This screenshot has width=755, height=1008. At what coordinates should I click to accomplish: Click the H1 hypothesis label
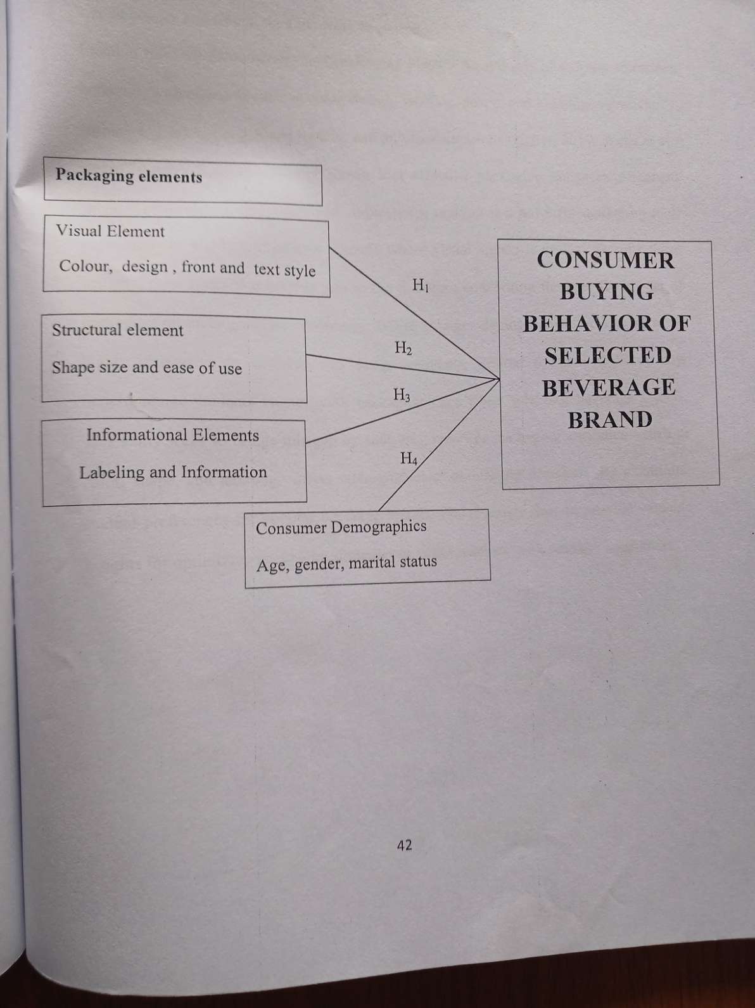(x=421, y=285)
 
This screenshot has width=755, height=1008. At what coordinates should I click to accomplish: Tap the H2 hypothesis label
(x=403, y=347)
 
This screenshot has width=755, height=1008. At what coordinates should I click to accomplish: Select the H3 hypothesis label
(x=402, y=396)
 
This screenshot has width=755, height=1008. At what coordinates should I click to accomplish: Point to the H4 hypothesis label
(x=409, y=458)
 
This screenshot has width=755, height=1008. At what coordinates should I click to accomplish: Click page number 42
(x=404, y=844)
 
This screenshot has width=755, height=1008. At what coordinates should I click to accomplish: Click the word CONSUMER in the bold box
(x=606, y=260)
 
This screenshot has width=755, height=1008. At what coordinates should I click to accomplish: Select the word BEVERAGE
(x=608, y=387)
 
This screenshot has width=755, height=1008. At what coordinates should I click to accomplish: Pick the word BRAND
(x=609, y=420)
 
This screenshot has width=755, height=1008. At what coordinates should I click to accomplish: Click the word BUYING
(x=606, y=292)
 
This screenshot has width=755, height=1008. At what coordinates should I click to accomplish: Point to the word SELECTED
(x=607, y=356)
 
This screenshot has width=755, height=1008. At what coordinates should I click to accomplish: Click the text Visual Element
(x=110, y=231)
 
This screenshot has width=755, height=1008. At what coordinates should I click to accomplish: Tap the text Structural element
(x=117, y=330)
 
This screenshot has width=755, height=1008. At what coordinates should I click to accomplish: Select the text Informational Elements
(x=172, y=435)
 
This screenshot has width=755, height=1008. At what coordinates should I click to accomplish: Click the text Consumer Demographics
(x=341, y=527)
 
